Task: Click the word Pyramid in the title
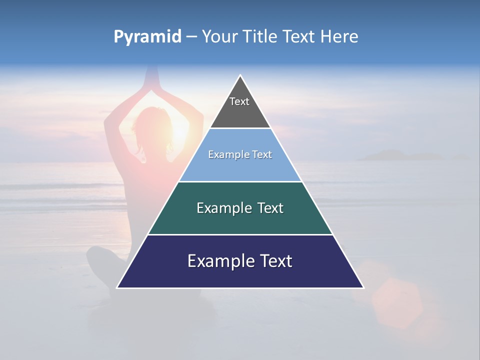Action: (x=147, y=37)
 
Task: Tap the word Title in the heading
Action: (x=259, y=36)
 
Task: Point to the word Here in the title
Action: (x=339, y=36)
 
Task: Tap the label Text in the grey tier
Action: (x=239, y=101)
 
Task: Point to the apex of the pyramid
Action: (x=240, y=76)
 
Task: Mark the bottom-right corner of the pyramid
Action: (x=363, y=287)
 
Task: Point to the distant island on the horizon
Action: (x=395, y=155)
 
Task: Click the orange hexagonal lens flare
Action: (x=397, y=302)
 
